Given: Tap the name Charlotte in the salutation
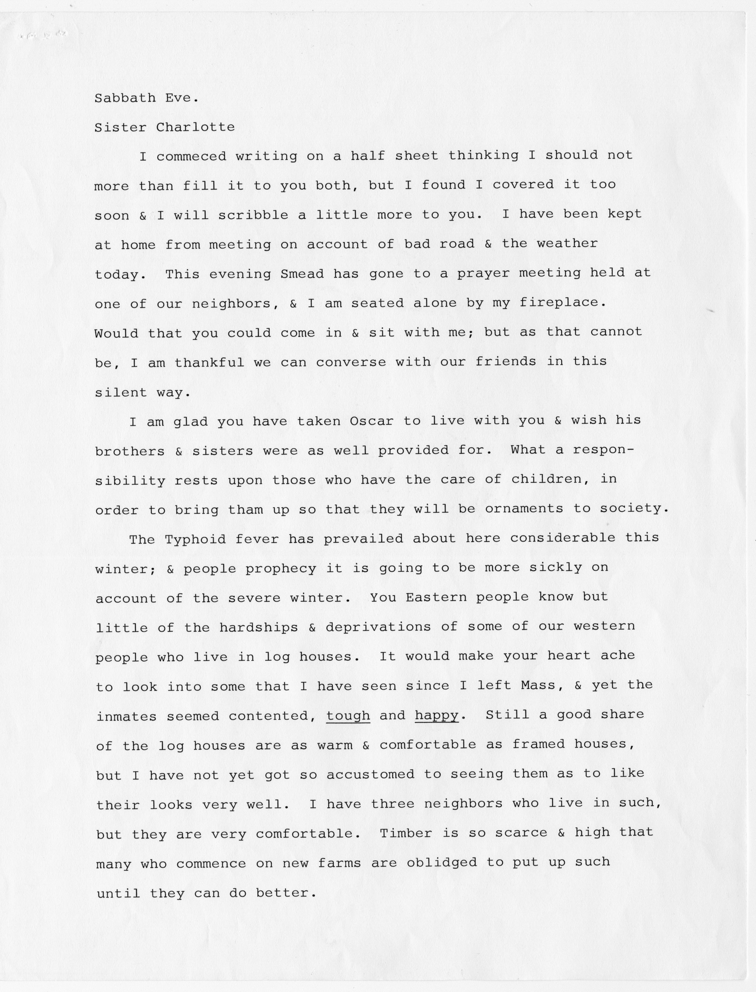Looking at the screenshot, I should point(195,127).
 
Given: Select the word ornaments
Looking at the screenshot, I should point(524,509).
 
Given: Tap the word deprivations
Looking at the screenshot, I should point(378,627).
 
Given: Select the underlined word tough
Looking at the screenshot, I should point(348,715).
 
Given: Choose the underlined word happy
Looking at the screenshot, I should point(436,715).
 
